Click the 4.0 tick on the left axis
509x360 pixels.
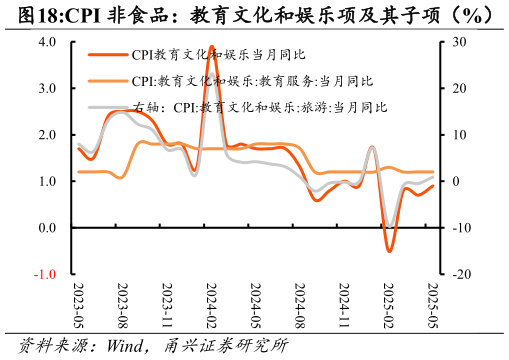[x=47, y=42]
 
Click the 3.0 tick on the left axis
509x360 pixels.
[x=47, y=88]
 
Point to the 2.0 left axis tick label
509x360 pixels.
[x=47, y=135]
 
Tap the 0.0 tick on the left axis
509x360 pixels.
[x=47, y=228]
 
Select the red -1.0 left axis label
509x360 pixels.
[x=45, y=274]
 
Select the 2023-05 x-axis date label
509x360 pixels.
[x=79, y=304]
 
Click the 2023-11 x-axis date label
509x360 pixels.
[x=167, y=304]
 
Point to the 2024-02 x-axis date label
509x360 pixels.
[x=211, y=304]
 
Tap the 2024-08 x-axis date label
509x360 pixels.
[x=299, y=304]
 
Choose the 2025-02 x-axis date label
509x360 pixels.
[x=388, y=304]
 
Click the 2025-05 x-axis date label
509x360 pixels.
[x=431, y=304]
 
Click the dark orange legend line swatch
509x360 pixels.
[x=108, y=56]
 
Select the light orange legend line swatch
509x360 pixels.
[x=108, y=81]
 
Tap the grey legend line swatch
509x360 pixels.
[x=108, y=107]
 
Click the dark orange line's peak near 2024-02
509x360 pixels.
[x=211, y=46]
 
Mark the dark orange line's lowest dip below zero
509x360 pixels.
[x=389, y=251]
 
